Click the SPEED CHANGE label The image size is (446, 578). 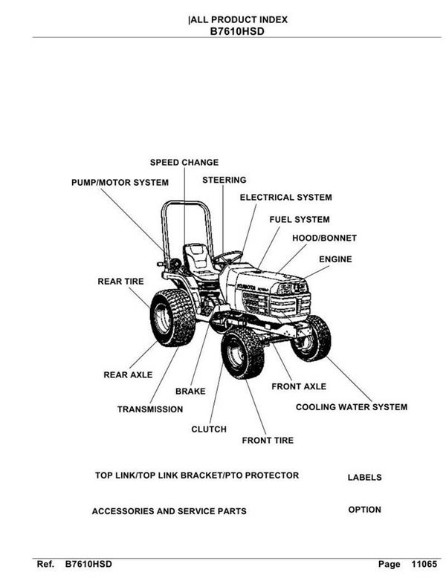[184, 163]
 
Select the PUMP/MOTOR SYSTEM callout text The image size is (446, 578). [120, 182]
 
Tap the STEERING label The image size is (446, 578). [224, 180]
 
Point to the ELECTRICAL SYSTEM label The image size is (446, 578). [285, 198]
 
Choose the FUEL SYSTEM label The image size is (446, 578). [299, 220]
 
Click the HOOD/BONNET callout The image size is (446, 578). [324, 238]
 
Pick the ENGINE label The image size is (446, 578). [335, 259]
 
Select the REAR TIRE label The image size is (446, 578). [120, 282]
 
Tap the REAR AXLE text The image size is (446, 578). [128, 375]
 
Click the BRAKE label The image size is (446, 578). [190, 391]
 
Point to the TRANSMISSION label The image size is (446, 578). [150, 409]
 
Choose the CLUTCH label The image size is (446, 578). [209, 429]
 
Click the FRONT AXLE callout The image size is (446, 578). [298, 387]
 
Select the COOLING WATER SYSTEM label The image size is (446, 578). [352, 407]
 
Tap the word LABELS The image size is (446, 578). [364, 478]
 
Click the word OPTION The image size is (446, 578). [364, 510]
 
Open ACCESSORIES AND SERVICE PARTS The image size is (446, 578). [169, 511]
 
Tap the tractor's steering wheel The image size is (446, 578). [228, 257]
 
